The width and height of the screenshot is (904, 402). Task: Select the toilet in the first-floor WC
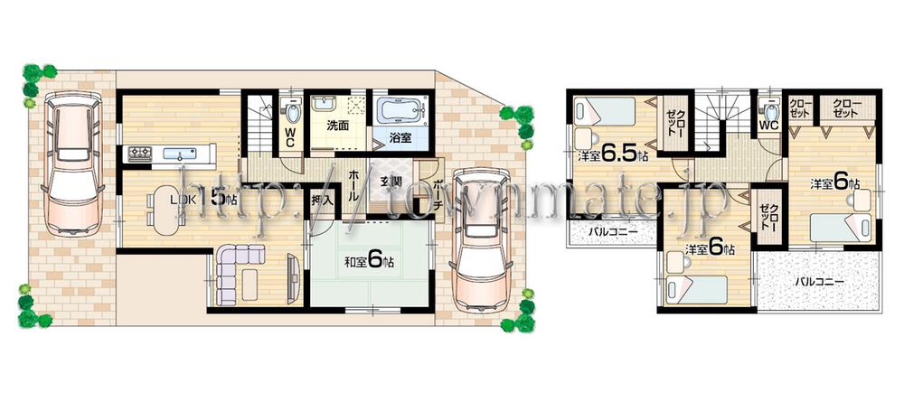point(292,112)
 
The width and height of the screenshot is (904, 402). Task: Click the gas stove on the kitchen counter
point(141,152)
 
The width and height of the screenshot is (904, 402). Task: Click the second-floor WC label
point(769,124)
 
